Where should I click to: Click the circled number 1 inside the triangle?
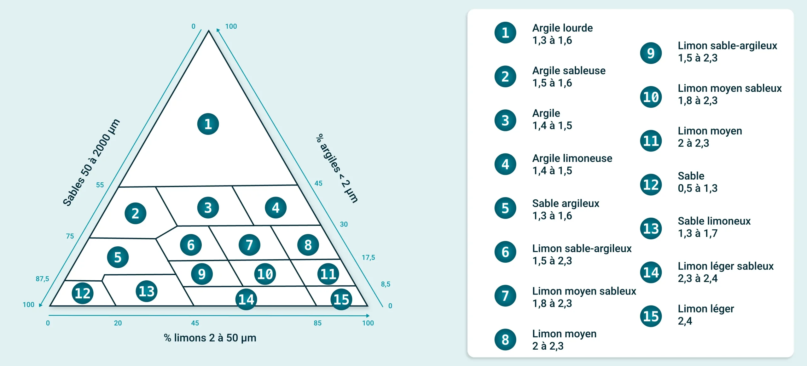tap(208, 124)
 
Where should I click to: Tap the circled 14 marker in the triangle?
tap(246, 299)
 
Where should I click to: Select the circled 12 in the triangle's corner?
tap(83, 293)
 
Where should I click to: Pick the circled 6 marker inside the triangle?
tap(191, 245)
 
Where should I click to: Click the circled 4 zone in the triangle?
tap(276, 208)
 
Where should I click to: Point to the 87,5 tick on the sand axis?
tap(42, 279)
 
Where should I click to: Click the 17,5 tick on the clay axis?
tap(368, 258)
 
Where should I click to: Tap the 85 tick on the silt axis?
tap(317, 323)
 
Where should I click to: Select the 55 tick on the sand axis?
tap(100, 185)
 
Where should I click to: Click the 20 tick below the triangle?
tap(118, 323)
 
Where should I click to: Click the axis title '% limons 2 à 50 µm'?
tap(210, 338)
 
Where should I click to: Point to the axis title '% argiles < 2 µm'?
tap(337, 168)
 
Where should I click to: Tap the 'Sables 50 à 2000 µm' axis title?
tap(91, 163)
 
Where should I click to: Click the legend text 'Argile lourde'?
tap(562, 28)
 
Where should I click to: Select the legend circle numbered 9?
tap(651, 53)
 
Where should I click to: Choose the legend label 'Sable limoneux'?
tap(714, 221)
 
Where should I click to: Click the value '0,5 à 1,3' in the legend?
tap(698, 188)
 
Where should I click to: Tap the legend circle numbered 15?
tap(651, 316)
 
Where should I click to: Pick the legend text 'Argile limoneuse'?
tap(572, 158)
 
